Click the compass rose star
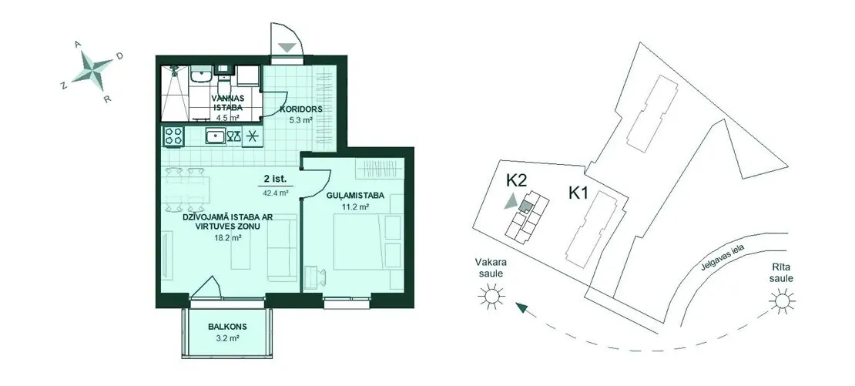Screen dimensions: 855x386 (92, 70)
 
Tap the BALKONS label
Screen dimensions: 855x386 (227, 327)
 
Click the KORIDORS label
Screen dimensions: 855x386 (300, 109)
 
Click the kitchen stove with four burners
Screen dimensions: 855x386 (174, 136)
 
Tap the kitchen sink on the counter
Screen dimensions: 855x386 (216, 136)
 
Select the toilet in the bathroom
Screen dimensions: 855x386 (223, 83)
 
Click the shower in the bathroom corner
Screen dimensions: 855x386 (175, 92)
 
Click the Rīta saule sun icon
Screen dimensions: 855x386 (782, 300)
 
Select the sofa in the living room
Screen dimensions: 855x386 (283, 248)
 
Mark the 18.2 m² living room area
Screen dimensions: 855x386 (227, 238)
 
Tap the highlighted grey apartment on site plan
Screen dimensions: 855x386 (525, 206)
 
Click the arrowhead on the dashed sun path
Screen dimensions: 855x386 (521, 308)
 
